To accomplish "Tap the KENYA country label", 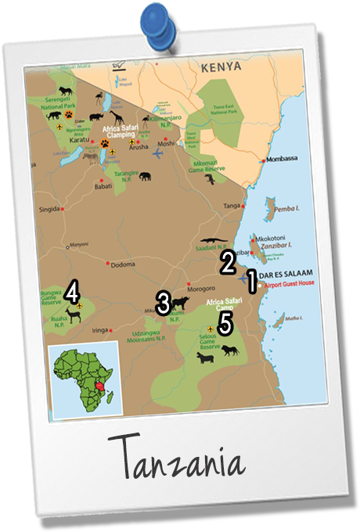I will point(221,68).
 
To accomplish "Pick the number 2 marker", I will point(228,261).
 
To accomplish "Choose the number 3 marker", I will point(164,302).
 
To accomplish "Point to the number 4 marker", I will point(72,292).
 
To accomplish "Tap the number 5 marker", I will point(225,322).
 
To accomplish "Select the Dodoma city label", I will point(124,264).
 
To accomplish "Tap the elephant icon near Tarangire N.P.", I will point(146,176).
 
